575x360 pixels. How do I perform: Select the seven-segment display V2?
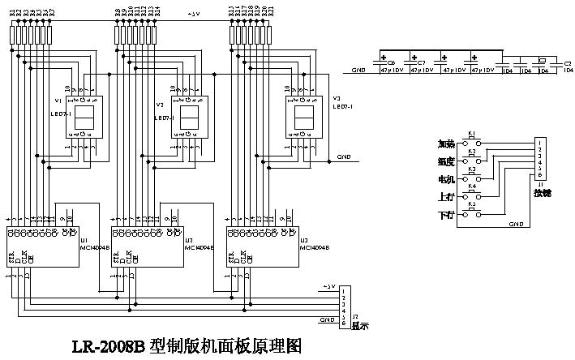[191, 118]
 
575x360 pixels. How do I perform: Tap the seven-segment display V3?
[305, 118]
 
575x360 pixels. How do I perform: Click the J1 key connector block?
[539, 159]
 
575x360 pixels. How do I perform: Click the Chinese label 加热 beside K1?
[445, 144]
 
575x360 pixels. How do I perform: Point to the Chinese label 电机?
[445, 179]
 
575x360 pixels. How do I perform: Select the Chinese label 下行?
[445, 215]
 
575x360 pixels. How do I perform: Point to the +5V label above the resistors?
[194, 14]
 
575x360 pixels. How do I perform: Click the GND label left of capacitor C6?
[358, 71]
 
